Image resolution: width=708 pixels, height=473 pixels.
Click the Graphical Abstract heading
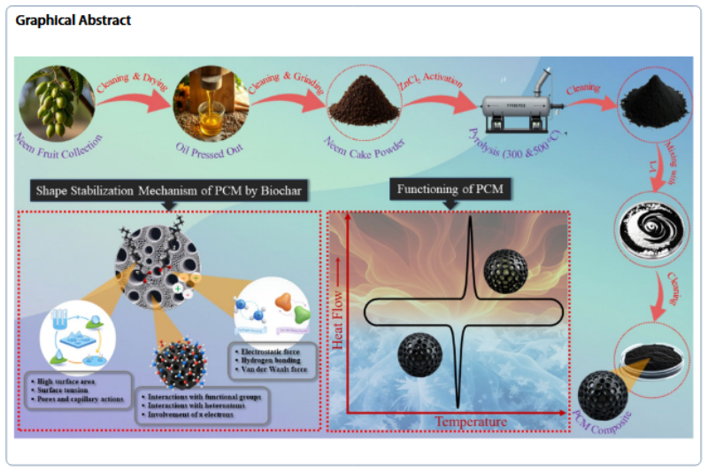click(x=73, y=19)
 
